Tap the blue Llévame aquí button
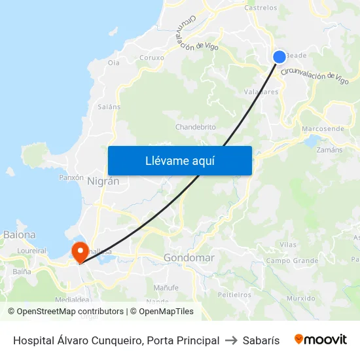tap(179, 160)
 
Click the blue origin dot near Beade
tap(279, 57)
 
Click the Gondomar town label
tap(189, 258)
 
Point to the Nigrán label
tap(103, 182)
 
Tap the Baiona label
tap(20, 234)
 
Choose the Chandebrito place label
tap(196, 127)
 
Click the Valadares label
tap(261, 92)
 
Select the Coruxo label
tap(152, 58)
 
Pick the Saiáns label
tap(109, 107)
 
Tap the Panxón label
tap(71, 177)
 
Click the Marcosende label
tap(323, 129)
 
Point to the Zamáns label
tap(329, 150)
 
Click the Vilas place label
tap(288, 244)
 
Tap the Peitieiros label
tap(234, 295)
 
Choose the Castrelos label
tap(261, 9)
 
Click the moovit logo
tap(321, 340)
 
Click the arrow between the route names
tap(230, 340)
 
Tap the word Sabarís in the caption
tap(261, 340)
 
